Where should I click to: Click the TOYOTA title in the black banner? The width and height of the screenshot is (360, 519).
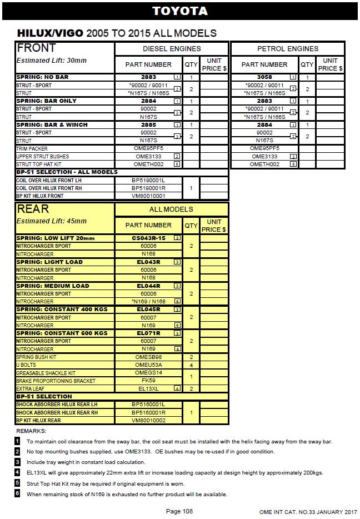coord(180,11)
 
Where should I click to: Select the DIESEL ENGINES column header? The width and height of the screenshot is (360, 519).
coord(172,49)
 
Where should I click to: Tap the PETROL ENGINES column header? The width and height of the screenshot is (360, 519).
coord(287,49)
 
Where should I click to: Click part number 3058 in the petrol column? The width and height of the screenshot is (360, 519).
coord(264,77)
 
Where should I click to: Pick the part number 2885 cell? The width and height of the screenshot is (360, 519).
coord(148,125)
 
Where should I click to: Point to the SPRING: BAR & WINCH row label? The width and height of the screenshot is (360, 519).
coord(52,125)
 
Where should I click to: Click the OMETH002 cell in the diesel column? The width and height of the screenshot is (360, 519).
coord(148,164)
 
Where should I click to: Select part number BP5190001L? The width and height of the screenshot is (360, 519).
coord(148,181)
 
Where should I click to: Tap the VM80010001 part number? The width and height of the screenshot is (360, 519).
coord(148,196)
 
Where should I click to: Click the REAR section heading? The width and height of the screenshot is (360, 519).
coord(33,209)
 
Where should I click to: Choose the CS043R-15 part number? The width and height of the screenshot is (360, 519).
coord(148,238)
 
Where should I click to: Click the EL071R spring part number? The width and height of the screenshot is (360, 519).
coord(148,333)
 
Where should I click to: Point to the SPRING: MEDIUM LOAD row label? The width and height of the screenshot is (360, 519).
coord(53,286)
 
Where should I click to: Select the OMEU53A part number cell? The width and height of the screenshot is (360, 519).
coord(148,365)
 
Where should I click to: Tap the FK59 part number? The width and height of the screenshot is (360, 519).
coord(148,381)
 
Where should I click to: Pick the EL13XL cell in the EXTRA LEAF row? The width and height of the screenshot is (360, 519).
coord(148,388)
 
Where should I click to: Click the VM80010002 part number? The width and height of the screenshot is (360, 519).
coord(148,421)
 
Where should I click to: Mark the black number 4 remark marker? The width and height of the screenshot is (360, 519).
coord(18,473)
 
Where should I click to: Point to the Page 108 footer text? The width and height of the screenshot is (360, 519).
coord(179,511)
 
